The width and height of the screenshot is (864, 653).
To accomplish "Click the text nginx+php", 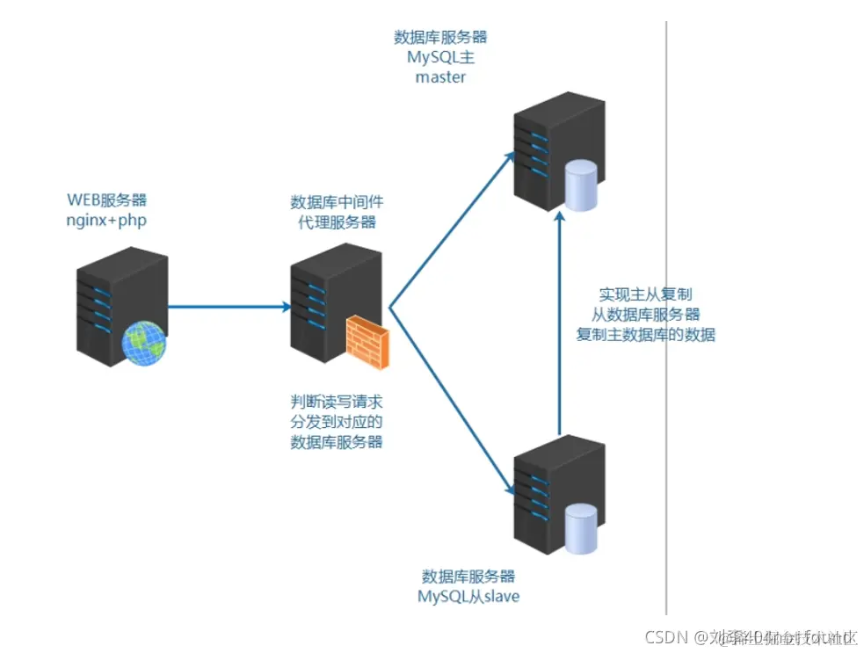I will pyautogui.click(x=106, y=219).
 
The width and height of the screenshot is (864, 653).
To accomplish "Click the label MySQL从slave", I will pyautogui.click(x=468, y=597).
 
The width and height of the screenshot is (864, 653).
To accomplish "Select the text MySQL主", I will pyautogui.click(x=440, y=57).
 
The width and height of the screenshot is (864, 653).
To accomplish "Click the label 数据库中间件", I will pyautogui.click(x=337, y=202).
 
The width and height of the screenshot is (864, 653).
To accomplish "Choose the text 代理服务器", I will pyautogui.click(x=337, y=222).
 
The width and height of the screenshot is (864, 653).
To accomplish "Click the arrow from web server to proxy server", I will pyautogui.click(x=229, y=308).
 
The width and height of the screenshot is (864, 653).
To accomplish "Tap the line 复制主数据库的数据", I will pyautogui.click(x=645, y=335).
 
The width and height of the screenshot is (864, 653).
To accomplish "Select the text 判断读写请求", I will pyautogui.click(x=337, y=402).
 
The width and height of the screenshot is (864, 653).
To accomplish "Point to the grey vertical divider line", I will pyautogui.click(x=666, y=352).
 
